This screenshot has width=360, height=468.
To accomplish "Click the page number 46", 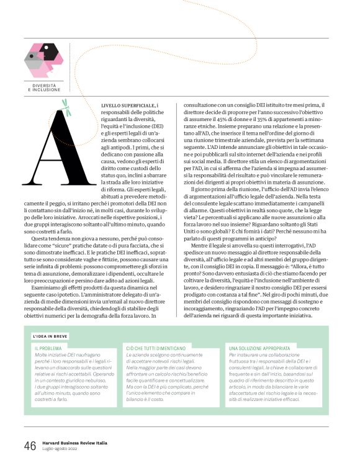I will click(x=29, y=446).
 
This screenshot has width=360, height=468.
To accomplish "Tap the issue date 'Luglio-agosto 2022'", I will click(x=63, y=449).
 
